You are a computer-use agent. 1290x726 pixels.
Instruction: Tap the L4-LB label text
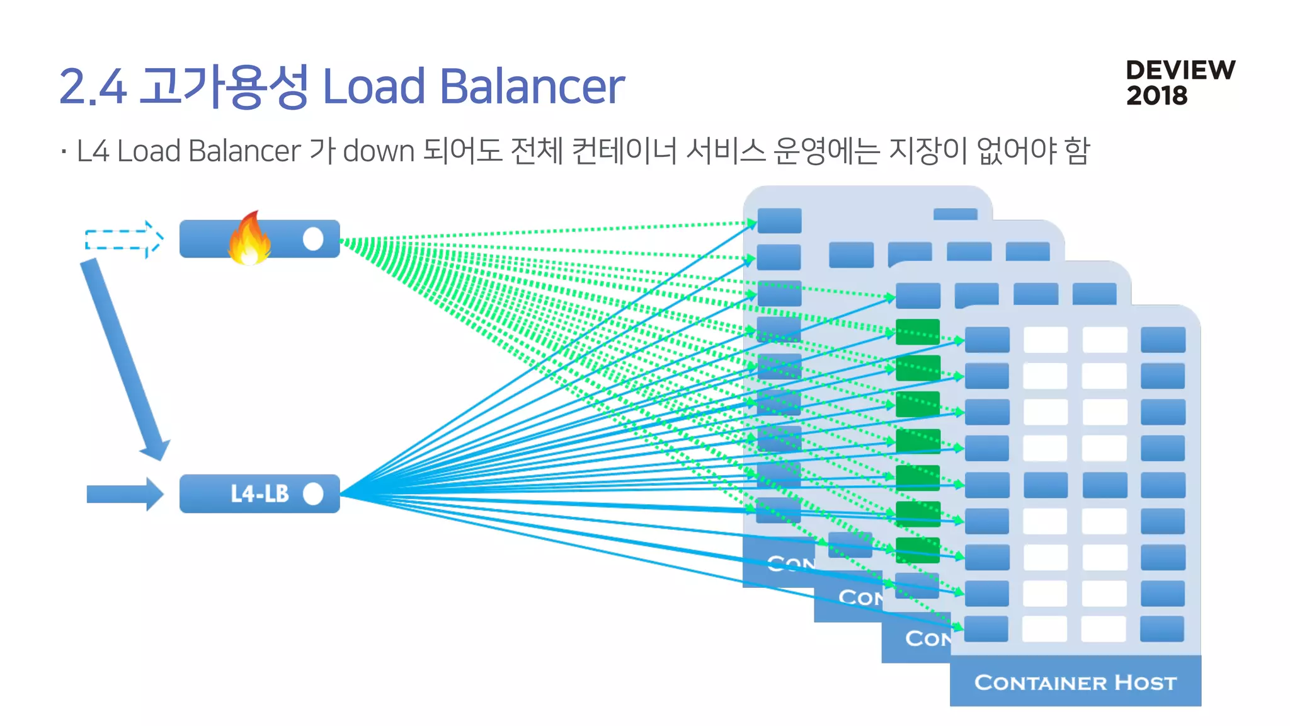(260, 493)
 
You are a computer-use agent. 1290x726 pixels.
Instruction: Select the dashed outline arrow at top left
(124, 239)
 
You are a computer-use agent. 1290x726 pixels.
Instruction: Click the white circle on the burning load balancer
(313, 239)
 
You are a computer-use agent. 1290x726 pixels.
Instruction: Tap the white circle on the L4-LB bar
(313, 493)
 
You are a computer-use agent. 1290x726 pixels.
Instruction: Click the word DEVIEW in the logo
(1180, 70)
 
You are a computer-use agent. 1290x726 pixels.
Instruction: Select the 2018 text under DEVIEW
(1156, 96)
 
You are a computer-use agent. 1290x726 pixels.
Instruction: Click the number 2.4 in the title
(93, 86)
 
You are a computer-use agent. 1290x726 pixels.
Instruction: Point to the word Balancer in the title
(531, 86)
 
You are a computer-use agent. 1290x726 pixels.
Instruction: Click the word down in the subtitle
(379, 151)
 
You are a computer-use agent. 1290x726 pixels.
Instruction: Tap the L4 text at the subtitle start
(93, 151)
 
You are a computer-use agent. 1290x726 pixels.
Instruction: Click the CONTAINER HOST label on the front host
(1075, 682)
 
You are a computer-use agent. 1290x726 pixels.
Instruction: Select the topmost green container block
(918, 332)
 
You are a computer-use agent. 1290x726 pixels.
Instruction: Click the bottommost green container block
(918, 550)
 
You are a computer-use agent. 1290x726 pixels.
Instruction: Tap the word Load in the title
(374, 86)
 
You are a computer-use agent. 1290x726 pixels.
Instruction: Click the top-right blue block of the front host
(1163, 340)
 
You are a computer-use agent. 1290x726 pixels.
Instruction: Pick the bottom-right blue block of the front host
(1162, 628)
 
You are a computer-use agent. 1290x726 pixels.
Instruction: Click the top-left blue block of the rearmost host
(779, 221)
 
